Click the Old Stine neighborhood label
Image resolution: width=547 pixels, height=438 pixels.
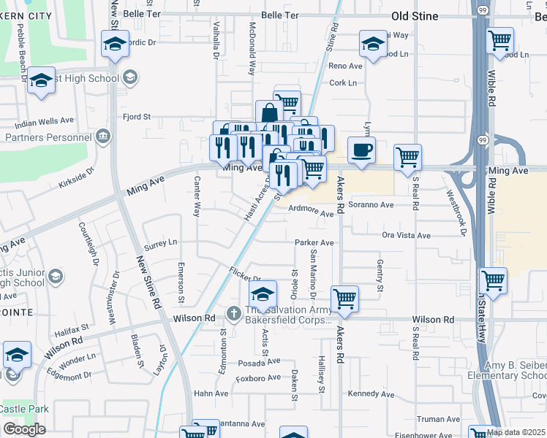(x=415, y=16)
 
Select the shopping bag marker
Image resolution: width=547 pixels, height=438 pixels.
(x=269, y=113)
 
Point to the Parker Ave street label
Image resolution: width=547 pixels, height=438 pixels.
(x=314, y=242)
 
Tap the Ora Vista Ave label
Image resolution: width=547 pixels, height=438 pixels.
(x=407, y=235)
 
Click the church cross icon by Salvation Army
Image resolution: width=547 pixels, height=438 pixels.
(x=233, y=313)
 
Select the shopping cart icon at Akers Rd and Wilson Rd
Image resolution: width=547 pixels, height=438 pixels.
(x=344, y=298)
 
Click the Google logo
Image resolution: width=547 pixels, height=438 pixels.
(x=24, y=429)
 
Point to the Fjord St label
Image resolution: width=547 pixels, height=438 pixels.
(x=136, y=116)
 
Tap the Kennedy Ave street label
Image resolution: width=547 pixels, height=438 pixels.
(x=371, y=394)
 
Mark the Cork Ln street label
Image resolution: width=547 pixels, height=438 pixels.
(x=343, y=83)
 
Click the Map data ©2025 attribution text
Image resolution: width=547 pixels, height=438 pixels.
(x=516, y=432)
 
